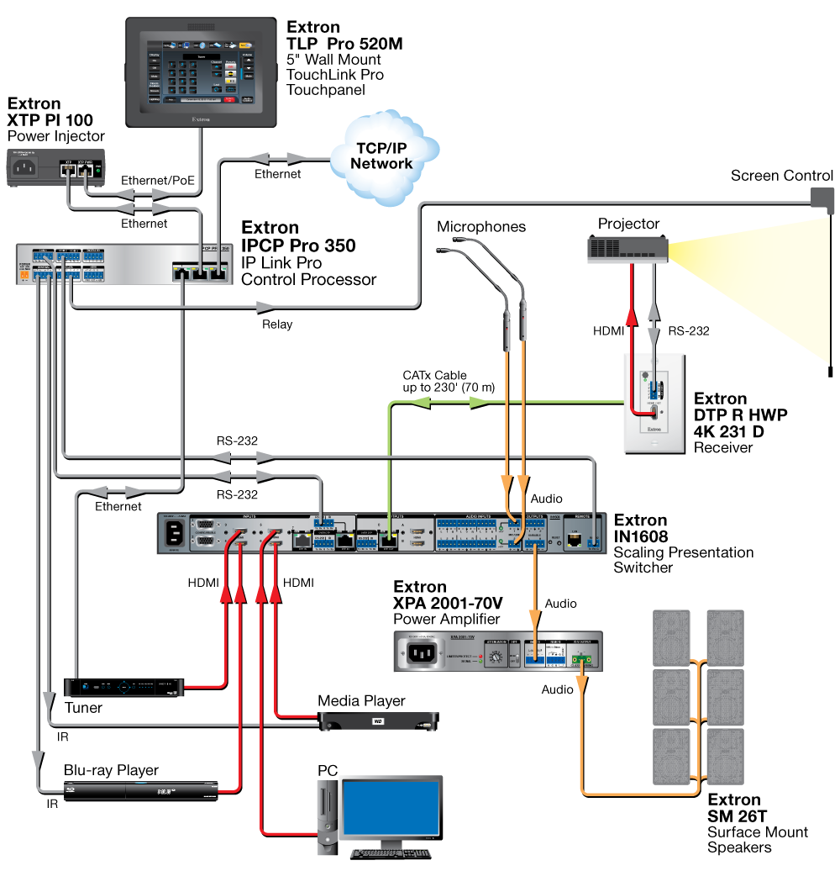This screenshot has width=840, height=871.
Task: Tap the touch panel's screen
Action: (x=201, y=71)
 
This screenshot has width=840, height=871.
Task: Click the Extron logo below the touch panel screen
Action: (x=201, y=119)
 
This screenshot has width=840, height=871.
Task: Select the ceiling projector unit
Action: (x=627, y=250)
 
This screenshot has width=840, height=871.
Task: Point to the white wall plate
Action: (x=654, y=403)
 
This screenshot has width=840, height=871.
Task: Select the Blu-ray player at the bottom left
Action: (x=142, y=790)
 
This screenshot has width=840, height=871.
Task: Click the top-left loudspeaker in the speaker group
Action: (x=671, y=637)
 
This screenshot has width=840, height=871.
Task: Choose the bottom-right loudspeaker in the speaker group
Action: (x=725, y=756)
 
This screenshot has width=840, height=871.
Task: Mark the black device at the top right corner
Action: (x=819, y=198)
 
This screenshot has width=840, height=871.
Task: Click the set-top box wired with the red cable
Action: (x=125, y=687)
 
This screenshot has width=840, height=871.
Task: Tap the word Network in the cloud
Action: (x=382, y=164)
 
